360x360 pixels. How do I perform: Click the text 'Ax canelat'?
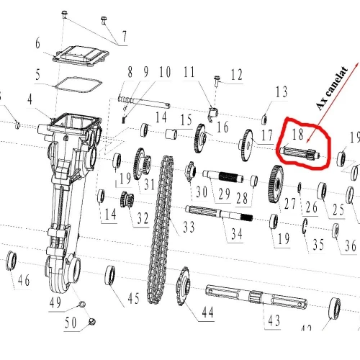[332, 88]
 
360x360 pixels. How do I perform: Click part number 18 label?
[298, 135]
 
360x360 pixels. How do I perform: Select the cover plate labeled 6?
[81, 57]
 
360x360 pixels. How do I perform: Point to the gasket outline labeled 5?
[78, 84]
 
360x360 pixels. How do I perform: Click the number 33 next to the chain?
[189, 227]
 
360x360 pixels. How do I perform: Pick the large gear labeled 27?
[275, 184]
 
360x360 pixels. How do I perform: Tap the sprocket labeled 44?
[184, 286]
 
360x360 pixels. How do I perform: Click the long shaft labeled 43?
[256, 297]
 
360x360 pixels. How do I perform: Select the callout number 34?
[237, 234]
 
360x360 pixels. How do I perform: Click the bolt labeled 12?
[217, 81]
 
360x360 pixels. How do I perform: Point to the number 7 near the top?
[124, 37]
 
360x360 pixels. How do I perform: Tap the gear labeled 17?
[246, 145]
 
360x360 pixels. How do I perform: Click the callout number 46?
[24, 280]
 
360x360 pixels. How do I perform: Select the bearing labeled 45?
[110, 275]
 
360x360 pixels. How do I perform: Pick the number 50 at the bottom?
[71, 323]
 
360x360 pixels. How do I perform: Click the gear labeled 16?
[200, 138]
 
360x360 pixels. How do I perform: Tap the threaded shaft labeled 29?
[223, 176]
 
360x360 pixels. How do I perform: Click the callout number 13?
[282, 91]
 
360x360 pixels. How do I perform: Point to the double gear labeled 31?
[142, 164]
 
